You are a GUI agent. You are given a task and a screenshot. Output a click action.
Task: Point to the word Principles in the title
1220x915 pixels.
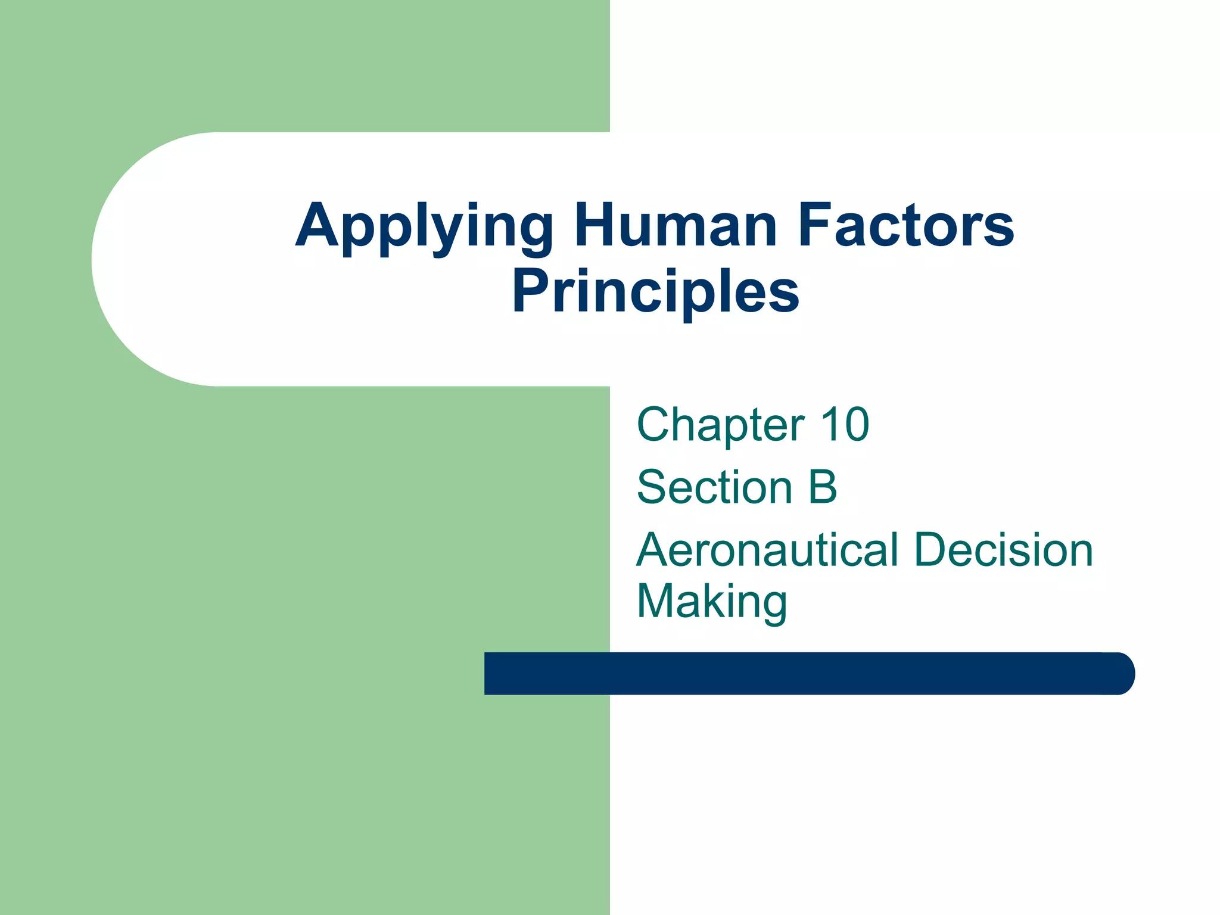(x=655, y=292)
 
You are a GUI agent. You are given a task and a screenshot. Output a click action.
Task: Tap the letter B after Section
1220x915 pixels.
(x=823, y=487)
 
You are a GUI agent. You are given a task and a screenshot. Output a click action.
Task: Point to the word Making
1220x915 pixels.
(x=712, y=602)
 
